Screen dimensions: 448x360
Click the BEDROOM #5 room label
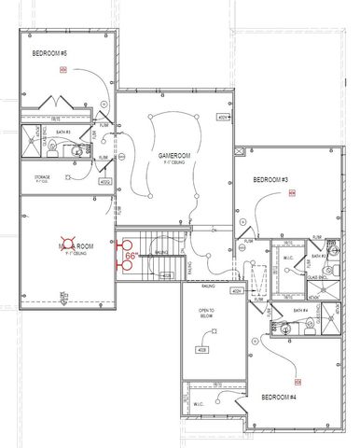[x=49, y=53]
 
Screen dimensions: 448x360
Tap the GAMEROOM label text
[x=173, y=155]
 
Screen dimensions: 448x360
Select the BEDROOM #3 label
[x=270, y=179]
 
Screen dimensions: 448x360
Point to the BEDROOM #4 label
[x=279, y=398]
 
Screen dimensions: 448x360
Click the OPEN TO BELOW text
[x=207, y=313]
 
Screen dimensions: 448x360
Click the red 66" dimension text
[x=132, y=254]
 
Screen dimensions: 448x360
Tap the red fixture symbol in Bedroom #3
[x=291, y=195]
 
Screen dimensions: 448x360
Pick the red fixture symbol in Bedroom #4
[x=298, y=382]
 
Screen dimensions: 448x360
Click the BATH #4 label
[x=299, y=310]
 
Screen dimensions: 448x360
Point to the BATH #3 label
[x=317, y=256]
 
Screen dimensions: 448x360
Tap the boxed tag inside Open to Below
[x=201, y=350]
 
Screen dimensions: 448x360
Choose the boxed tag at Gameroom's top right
[x=223, y=118]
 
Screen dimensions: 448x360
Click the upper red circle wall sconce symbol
[x=119, y=246]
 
